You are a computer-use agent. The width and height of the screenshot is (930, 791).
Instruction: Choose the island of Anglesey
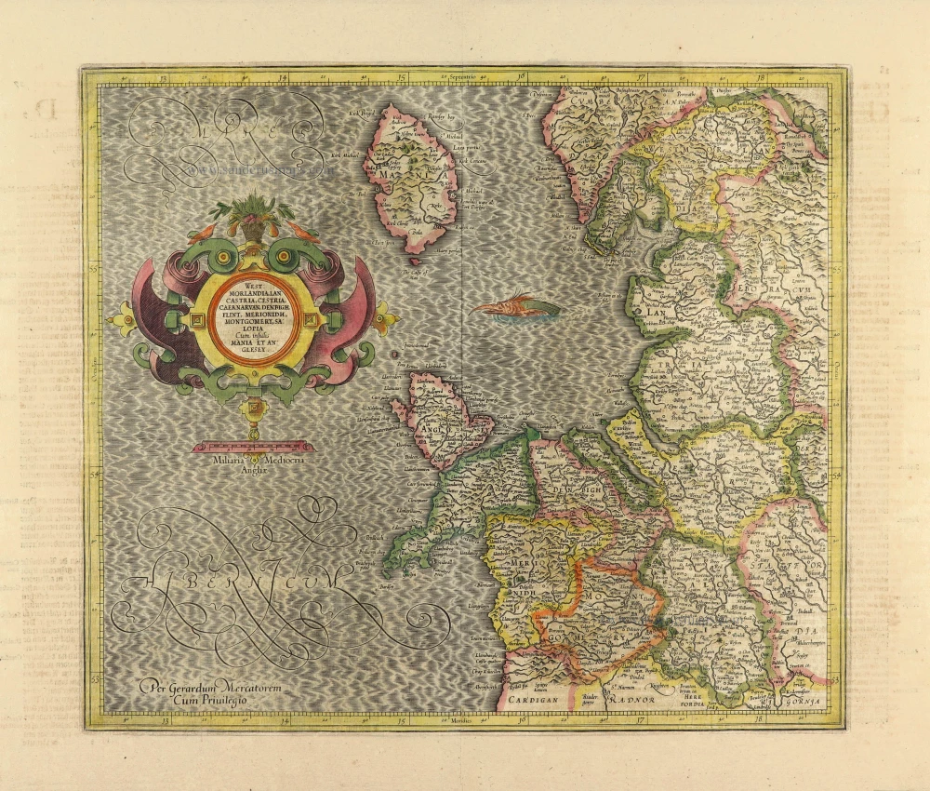click(437, 419)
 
